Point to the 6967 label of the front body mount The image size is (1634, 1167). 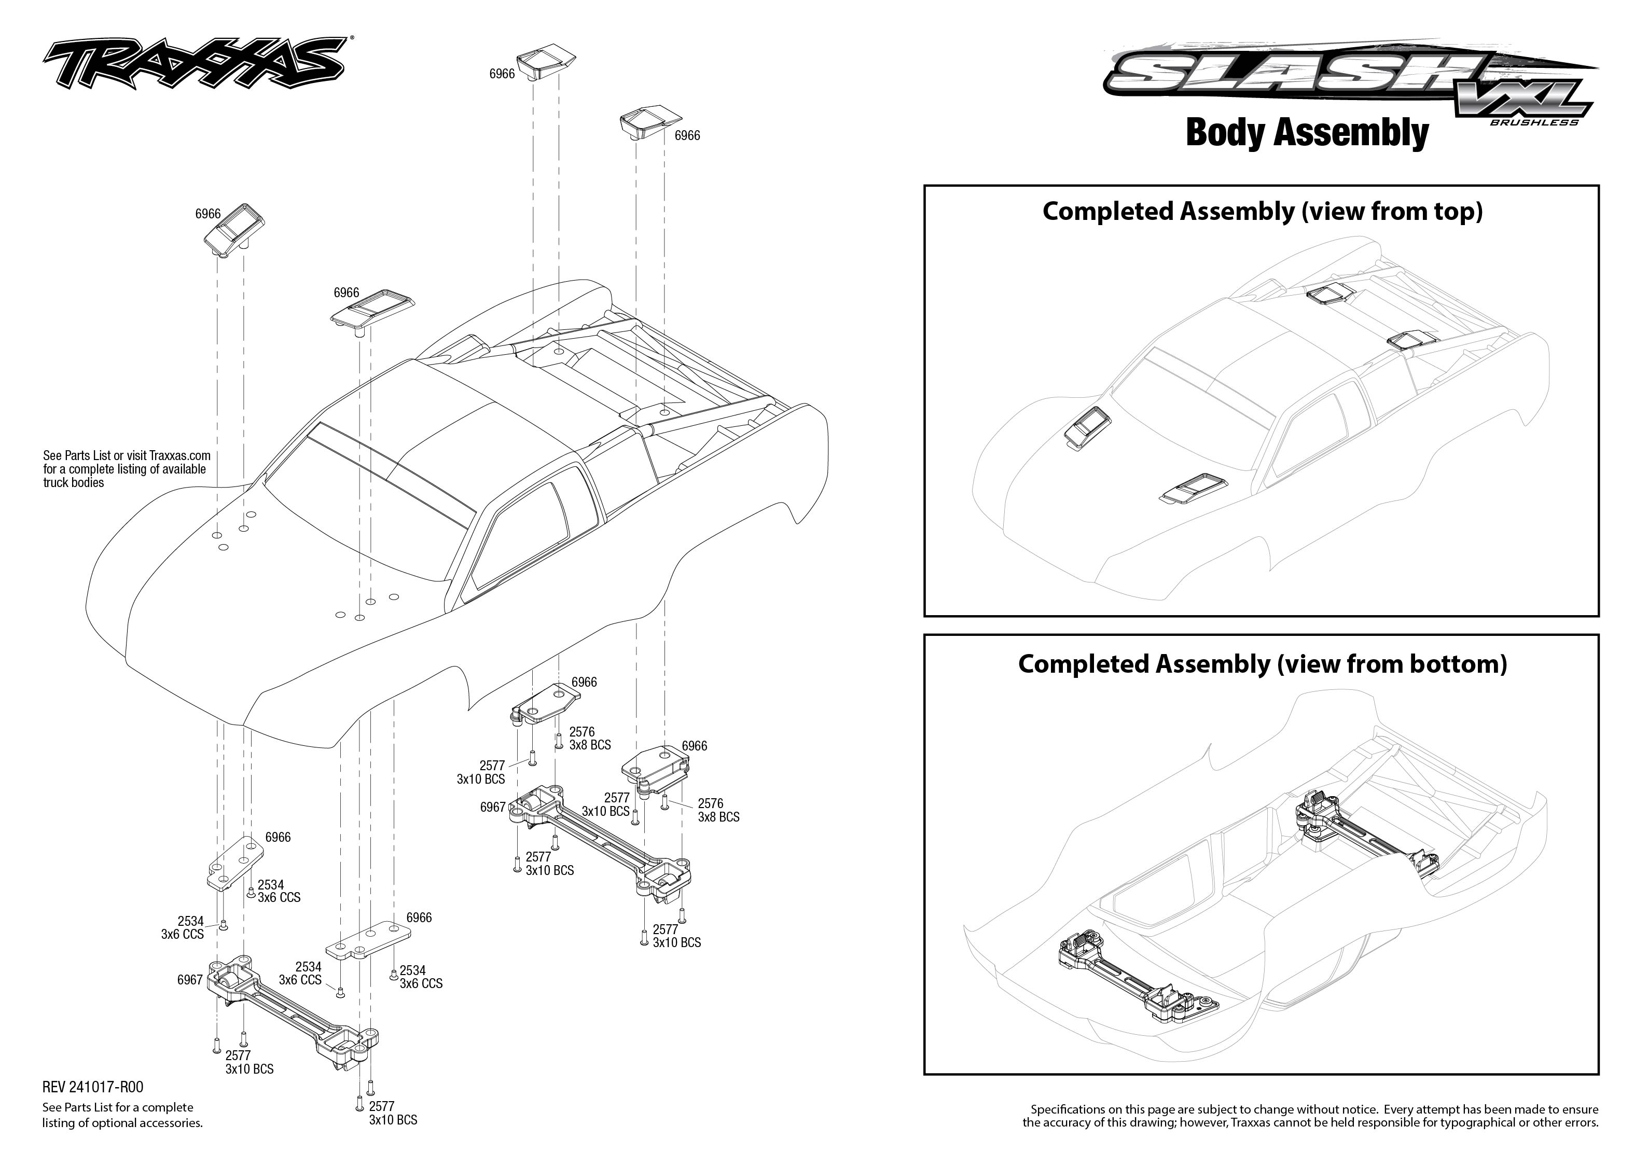[x=190, y=979]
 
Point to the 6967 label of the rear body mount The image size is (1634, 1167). [x=493, y=807]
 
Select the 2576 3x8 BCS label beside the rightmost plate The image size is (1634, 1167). [x=718, y=810]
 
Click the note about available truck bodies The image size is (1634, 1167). [x=126, y=468]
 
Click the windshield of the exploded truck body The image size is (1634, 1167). [x=366, y=518]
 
